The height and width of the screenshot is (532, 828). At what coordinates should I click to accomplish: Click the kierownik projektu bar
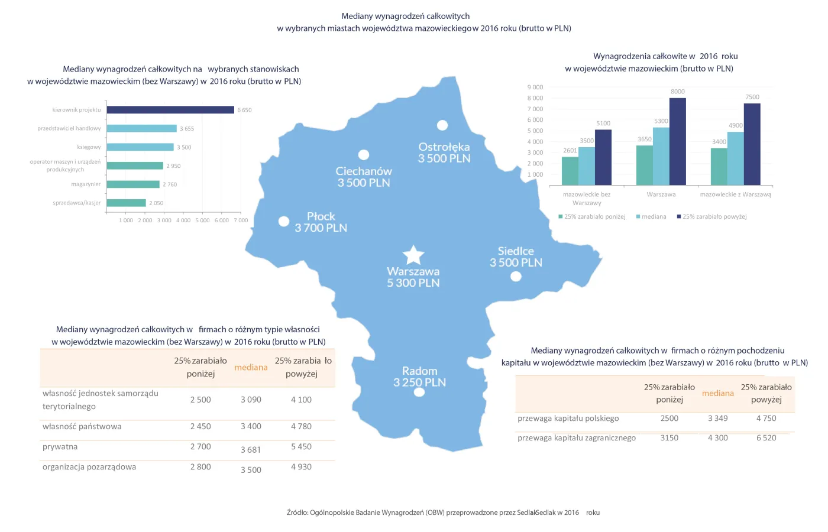(x=170, y=110)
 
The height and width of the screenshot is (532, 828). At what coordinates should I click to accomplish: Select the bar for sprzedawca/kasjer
(x=127, y=203)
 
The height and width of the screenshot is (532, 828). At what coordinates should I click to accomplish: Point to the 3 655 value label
(x=187, y=129)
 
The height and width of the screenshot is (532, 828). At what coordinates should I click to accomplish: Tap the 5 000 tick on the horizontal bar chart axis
(x=202, y=220)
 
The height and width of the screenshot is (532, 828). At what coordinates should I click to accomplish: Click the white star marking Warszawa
(x=413, y=255)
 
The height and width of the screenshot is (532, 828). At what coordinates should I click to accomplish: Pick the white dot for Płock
(x=284, y=221)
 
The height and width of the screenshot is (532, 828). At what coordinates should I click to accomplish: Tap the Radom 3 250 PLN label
(x=419, y=377)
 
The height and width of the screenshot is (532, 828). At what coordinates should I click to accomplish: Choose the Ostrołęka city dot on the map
(x=442, y=125)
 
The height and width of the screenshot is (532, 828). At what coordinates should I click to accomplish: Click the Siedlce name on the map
(x=516, y=251)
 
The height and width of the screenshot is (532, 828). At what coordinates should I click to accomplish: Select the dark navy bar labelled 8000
(x=678, y=141)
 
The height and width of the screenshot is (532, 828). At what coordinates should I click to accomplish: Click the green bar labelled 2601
(x=570, y=171)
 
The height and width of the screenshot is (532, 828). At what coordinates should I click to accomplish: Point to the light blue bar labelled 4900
(x=736, y=158)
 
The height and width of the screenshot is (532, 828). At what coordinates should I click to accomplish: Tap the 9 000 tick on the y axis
(x=535, y=87)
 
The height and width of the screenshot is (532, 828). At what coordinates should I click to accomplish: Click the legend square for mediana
(x=638, y=216)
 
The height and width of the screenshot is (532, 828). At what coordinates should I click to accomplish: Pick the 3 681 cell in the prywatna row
(x=251, y=450)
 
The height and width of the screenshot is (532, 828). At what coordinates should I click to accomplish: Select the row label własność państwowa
(x=82, y=426)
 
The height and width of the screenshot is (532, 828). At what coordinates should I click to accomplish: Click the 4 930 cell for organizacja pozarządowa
(x=301, y=466)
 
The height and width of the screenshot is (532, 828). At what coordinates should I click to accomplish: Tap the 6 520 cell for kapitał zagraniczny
(x=766, y=438)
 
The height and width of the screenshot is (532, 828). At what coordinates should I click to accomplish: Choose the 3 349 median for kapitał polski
(x=718, y=419)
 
